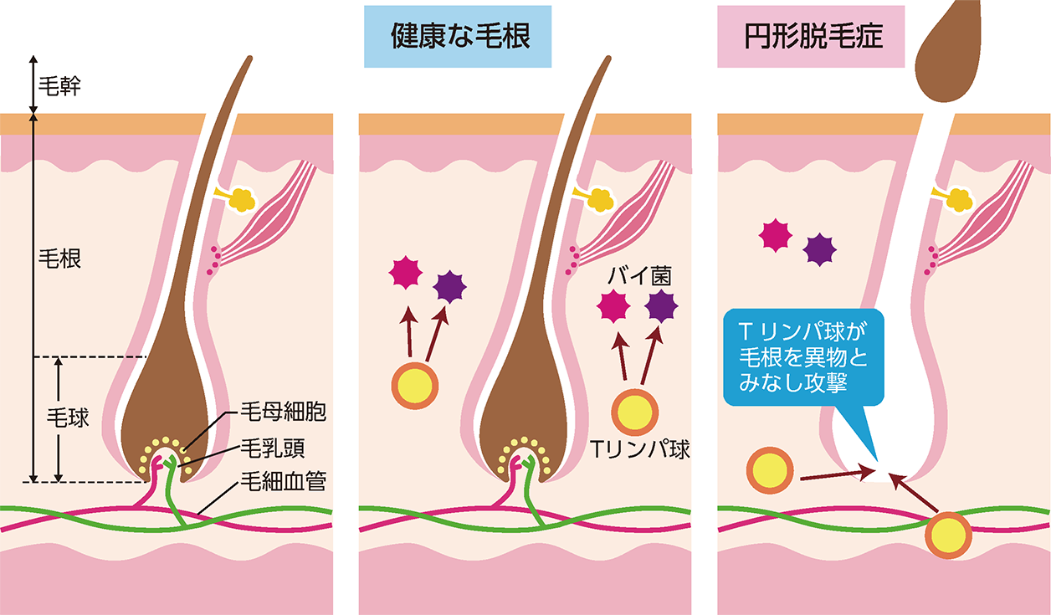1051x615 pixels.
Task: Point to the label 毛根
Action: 59,259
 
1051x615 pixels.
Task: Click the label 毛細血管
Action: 282,481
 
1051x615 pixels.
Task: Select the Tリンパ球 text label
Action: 640,449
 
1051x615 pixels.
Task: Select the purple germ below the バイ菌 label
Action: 662,308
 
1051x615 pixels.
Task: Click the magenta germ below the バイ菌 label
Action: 613,308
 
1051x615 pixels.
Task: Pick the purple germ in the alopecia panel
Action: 819,249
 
